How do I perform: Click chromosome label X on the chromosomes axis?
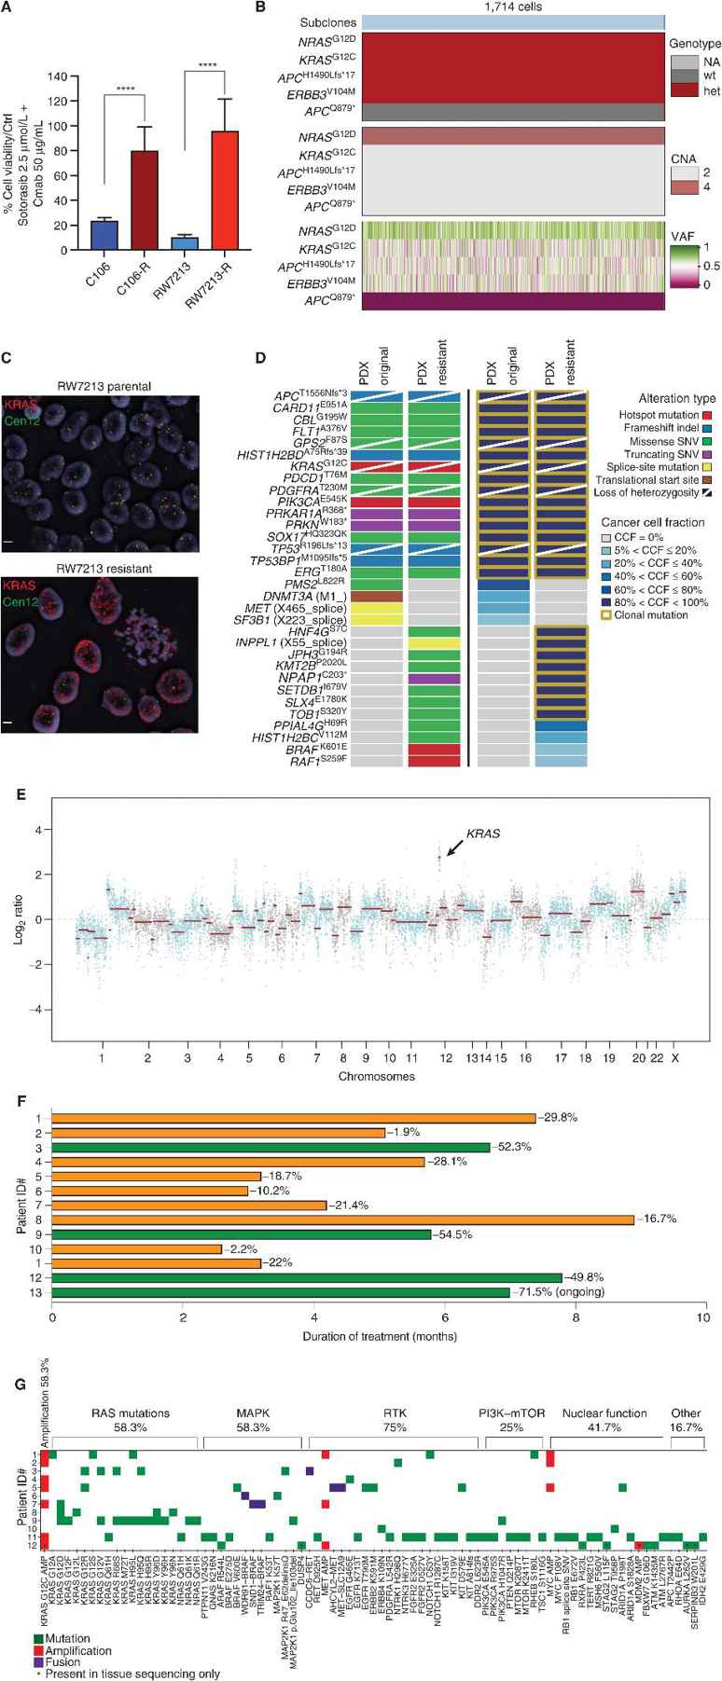[674, 1053]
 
